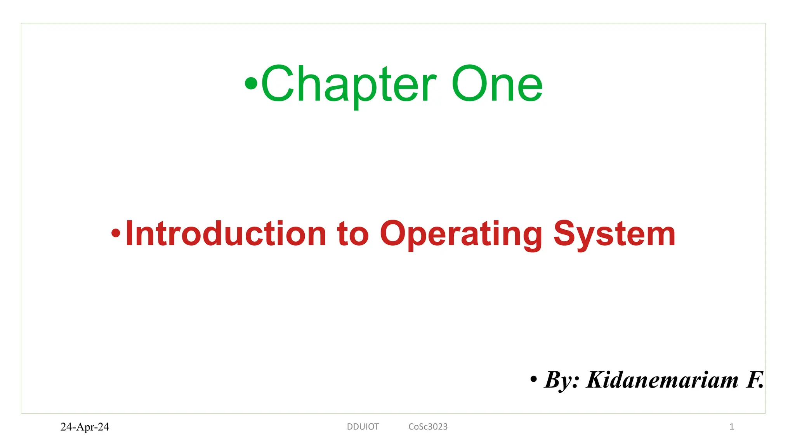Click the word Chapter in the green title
(349, 84)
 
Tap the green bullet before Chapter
(251, 83)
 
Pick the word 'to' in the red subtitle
(352, 234)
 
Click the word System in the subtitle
(614, 234)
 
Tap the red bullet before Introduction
(116, 233)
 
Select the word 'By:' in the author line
(562, 380)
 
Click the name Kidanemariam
(662, 380)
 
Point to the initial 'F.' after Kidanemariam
(754, 380)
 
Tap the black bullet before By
(534, 379)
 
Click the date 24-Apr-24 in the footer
(85, 427)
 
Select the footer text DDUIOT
(363, 427)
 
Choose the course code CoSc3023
(428, 427)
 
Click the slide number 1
(731, 427)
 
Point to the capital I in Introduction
(129, 233)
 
